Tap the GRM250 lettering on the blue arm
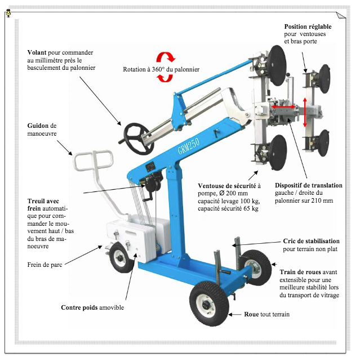coord(189,146)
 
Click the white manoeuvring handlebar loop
coord(94,160)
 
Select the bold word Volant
coord(37,52)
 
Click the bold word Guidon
coord(38,126)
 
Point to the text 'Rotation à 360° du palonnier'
coord(161,69)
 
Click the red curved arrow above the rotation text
coord(166,57)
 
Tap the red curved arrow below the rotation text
coord(165,78)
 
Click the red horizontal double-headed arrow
coord(283,107)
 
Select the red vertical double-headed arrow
coord(305,113)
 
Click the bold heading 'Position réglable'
coord(308,26)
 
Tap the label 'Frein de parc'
coord(45,265)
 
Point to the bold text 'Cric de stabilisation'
coord(311,242)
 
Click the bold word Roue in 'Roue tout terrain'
coord(251,314)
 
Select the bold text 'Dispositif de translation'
coord(309,185)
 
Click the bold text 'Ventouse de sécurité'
coord(227,186)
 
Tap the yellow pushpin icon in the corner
coord(8,13)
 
